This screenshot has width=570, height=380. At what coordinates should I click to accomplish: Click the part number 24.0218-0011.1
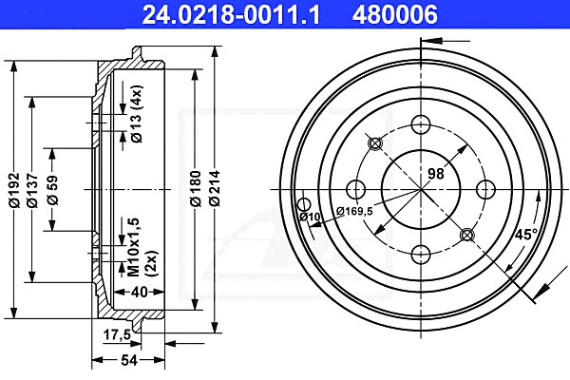tap(231, 14)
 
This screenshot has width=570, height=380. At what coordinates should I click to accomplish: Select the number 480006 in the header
tap(394, 14)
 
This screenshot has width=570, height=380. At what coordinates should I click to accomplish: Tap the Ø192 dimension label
tap(14, 190)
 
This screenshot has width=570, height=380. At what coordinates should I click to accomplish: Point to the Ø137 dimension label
tap(32, 190)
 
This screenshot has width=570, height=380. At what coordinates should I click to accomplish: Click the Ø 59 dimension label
tap(52, 190)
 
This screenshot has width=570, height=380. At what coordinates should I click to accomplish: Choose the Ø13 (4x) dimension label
tap(137, 114)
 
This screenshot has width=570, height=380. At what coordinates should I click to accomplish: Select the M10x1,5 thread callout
tap(134, 247)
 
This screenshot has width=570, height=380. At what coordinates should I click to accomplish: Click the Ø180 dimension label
tap(196, 188)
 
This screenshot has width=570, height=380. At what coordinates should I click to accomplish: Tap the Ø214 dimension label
tap(215, 188)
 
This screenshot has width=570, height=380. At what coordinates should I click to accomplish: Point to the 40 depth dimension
tap(140, 292)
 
